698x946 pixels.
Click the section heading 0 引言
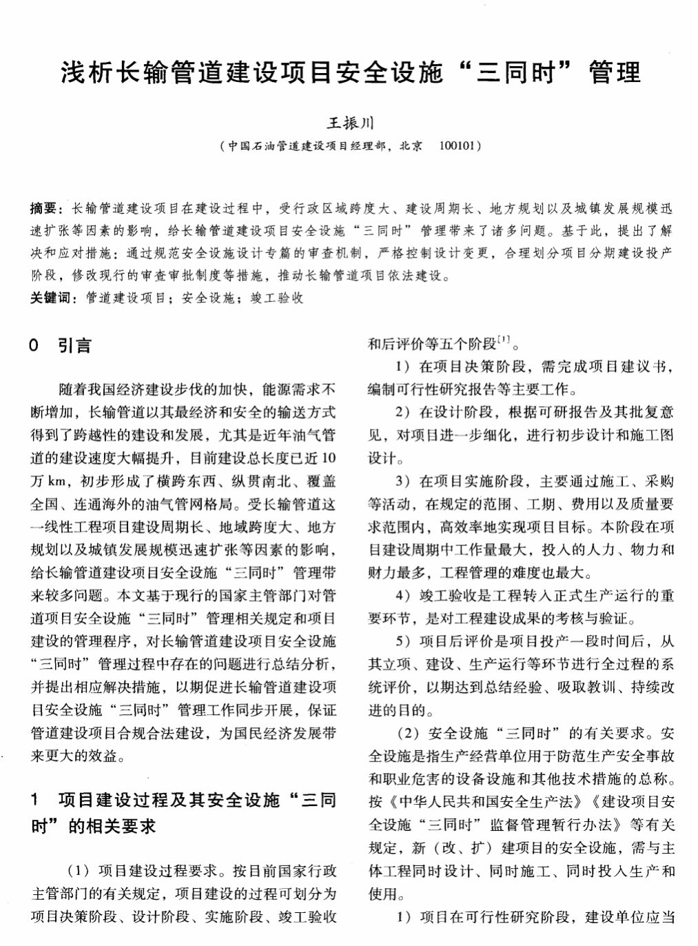click(x=61, y=345)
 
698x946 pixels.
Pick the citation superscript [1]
click(x=504, y=340)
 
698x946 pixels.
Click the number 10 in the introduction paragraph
click(x=329, y=458)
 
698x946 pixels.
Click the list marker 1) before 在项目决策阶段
click(x=404, y=366)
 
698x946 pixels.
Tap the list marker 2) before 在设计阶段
click(x=404, y=412)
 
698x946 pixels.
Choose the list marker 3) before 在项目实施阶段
click(x=404, y=481)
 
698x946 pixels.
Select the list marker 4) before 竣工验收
click(x=404, y=595)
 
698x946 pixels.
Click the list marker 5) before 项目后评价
click(x=404, y=641)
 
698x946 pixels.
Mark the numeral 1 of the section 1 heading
click(x=35, y=801)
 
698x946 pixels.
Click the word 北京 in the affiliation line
click(x=411, y=146)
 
